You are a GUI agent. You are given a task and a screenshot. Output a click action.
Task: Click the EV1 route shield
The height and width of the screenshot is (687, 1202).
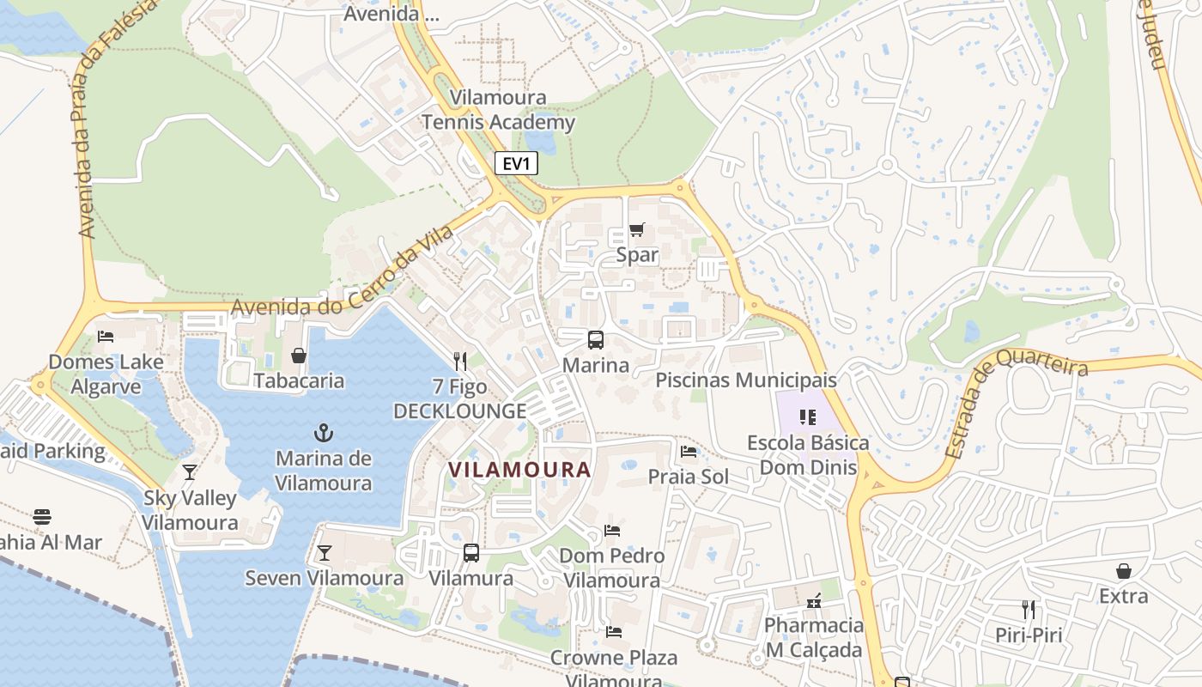[x=516, y=163]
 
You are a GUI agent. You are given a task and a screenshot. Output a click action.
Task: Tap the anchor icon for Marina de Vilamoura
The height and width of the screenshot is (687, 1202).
[x=324, y=433]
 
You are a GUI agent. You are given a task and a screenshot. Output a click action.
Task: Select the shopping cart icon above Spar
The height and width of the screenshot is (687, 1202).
[x=636, y=230]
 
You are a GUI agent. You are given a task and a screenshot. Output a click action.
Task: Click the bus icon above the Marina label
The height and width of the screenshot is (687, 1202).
[x=595, y=339]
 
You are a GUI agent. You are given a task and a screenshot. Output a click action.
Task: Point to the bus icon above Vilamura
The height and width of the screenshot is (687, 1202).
[x=470, y=553]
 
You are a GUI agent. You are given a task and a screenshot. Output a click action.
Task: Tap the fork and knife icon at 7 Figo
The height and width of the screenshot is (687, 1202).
[x=460, y=362]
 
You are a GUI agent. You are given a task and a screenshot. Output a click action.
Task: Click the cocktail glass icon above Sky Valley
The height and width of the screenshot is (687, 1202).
[x=189, y=472]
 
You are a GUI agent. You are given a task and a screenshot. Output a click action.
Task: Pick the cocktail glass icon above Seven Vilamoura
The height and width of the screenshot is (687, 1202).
[x=324, y=552]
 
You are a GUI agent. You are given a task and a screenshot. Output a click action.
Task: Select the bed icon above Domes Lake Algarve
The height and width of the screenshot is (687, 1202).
[x=106, y=337]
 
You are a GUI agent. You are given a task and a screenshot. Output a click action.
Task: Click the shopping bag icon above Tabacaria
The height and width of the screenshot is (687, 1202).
[x=299, y=356]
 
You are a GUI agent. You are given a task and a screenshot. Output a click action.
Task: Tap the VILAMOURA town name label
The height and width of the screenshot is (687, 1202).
[x=520, y=470]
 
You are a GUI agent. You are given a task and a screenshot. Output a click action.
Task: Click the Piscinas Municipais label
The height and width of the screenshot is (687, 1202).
[x=745, y=380]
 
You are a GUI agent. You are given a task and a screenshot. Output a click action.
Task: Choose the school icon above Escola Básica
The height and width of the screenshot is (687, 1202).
[x=807, y=417]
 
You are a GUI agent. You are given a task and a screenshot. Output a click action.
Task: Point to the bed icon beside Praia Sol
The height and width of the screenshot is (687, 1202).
[x=689, y=451]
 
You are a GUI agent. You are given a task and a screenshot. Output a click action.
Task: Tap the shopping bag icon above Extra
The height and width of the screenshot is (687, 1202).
[x=1123, y=571]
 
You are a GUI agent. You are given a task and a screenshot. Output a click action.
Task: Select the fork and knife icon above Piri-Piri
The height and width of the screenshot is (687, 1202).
[x=1028, y=611]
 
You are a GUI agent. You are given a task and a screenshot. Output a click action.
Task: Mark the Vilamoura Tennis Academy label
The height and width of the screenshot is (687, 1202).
[x=498, y=110]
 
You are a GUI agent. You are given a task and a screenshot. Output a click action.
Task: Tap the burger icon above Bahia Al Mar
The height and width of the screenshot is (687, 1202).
[x=41, y=517]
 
